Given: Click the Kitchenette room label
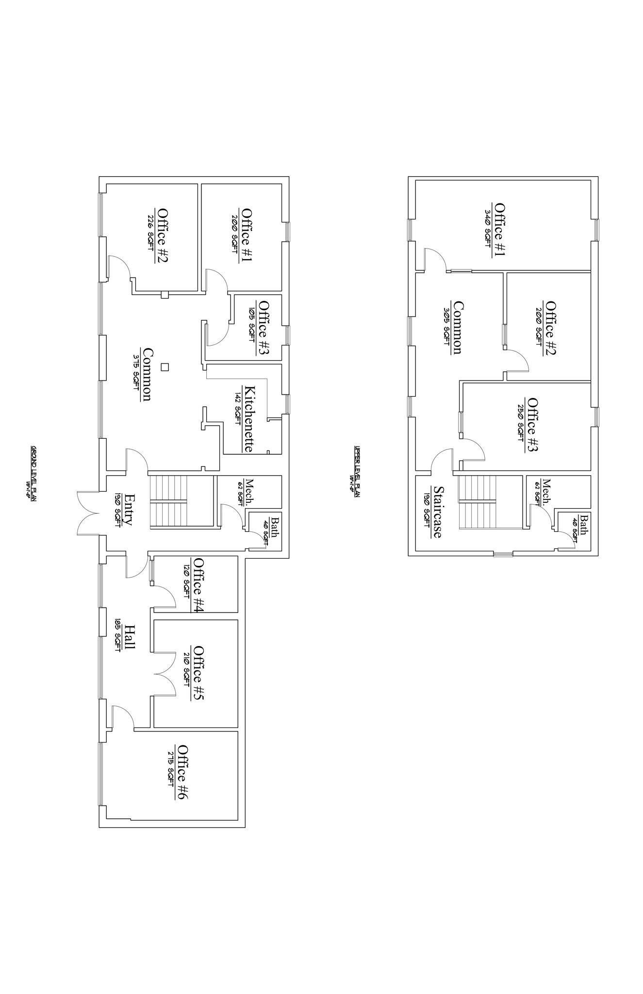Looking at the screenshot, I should tap(248, 418).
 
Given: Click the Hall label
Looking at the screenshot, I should tap(129, 637).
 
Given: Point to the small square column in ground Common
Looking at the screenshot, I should tap(165, 367).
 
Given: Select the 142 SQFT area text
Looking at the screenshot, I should tap(238, 409).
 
